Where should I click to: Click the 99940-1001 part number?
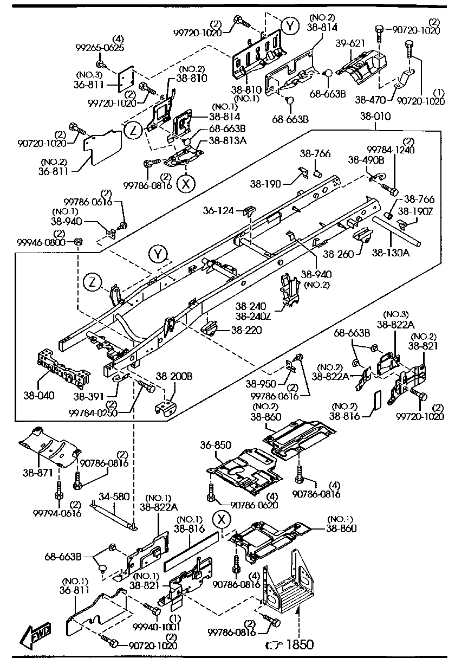(157, 627)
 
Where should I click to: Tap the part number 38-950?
(261, 383)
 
